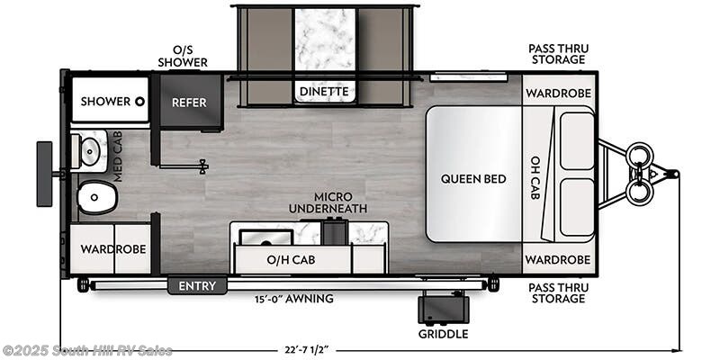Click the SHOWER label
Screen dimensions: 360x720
(x=105, y=102)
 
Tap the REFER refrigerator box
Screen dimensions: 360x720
(x=189, y=103)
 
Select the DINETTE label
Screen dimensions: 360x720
(x=324, y=91)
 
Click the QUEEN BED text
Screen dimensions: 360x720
(x=473, y=179)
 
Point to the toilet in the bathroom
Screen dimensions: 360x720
(x=96, y=197)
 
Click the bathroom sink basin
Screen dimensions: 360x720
(x=91, y=152)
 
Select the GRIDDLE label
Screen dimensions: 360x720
(x=443, y=334)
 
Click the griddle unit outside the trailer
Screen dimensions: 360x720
(x=442, y=309)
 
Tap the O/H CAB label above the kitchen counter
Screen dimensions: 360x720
(x=291, y=261)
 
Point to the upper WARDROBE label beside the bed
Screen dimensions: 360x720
(x=558, y=92)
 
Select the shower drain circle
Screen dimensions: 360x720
(x=140, y=102)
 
